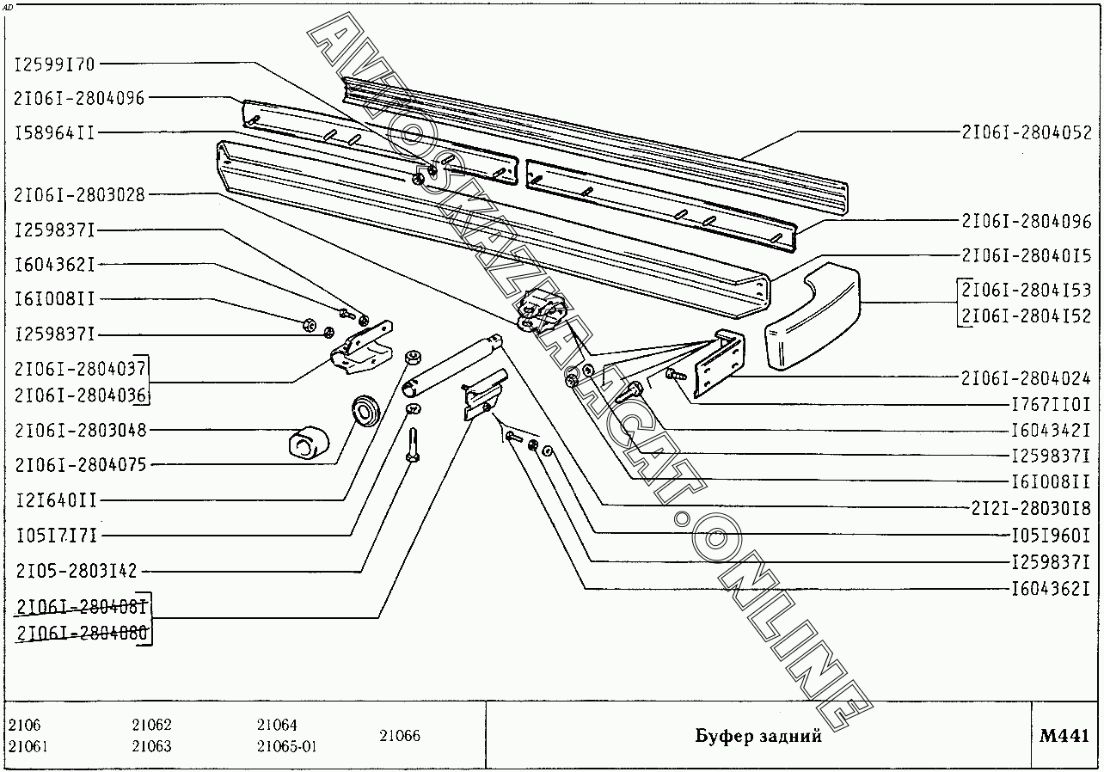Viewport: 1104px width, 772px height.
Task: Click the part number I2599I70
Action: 55,64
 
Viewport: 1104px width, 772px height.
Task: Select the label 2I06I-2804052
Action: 1026,132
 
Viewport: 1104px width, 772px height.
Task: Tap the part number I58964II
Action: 55,132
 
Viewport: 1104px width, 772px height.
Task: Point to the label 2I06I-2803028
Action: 80,195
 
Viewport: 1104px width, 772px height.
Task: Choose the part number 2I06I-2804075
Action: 80,465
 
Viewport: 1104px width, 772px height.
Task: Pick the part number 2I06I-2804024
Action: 1026,377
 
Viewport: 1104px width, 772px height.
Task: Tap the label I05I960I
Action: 1050,534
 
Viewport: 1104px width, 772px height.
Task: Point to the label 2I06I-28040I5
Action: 1026,255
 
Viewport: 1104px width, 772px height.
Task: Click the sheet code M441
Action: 1064,736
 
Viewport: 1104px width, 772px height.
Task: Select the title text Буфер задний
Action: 758,736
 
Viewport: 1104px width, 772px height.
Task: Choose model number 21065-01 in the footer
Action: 287,746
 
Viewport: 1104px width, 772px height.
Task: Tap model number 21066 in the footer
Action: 399,736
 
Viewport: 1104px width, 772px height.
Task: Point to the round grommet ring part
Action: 367,409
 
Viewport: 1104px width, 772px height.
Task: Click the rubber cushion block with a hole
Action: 307,443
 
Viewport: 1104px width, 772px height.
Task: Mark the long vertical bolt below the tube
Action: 414,445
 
